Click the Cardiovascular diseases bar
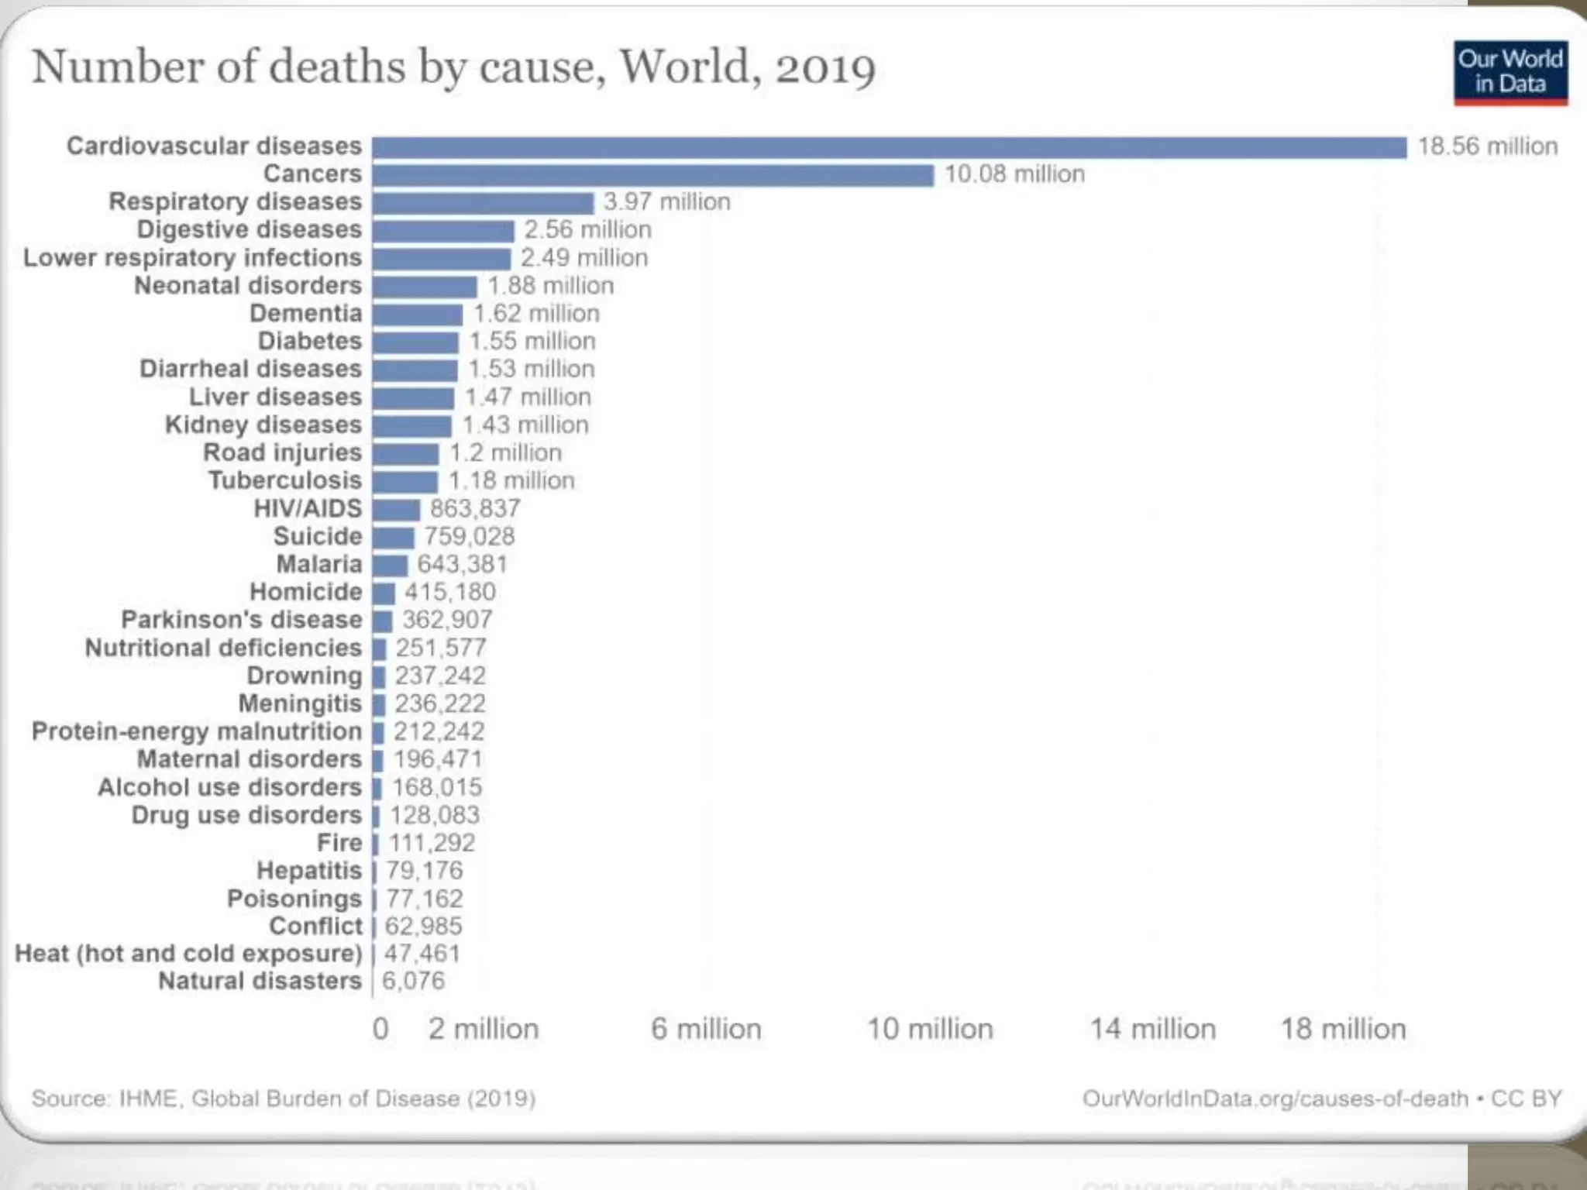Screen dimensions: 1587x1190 coord(889,147)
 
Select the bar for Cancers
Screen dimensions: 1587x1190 coord(652,175)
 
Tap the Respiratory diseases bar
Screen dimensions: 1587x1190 coord(483,203)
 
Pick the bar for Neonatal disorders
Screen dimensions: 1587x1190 coord(425,287)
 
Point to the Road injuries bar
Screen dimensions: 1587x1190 coord(405,454)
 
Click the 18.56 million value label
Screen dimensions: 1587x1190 coord(1488,146)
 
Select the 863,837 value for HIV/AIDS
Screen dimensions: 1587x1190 coord(475,509)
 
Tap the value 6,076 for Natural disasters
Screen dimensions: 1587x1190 coord(413,981)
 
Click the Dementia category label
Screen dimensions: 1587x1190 coord(306,314)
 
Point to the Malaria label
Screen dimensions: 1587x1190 coord(319,564)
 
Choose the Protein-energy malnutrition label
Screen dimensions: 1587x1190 coord(197,731)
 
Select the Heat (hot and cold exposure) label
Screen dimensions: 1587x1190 coord(188,954)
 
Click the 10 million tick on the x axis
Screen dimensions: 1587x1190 coord(930,1029)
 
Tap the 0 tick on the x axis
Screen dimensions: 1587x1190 coord(380,1029)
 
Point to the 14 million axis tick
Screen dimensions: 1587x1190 coord(1153,1029)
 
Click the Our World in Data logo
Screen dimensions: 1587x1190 coord(1510,73)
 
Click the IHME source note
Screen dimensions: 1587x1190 coord(284,1099)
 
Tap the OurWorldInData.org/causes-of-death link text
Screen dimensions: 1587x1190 coord(1275,1099)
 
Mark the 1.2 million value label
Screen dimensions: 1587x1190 coord(506,453)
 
